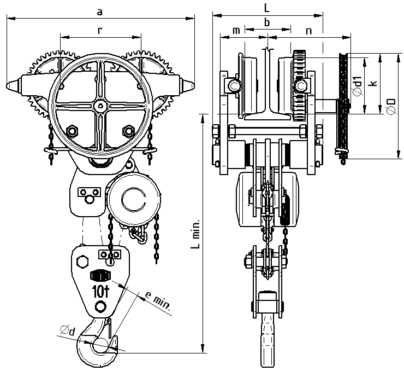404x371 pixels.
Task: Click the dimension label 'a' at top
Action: (99, 11)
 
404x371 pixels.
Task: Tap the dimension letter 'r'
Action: (99, 31)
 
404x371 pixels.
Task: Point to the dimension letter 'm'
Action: (236, 31)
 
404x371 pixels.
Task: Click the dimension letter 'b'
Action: (267, 22)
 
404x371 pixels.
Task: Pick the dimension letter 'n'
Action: (309, 31)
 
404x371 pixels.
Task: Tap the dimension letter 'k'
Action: (373, 84)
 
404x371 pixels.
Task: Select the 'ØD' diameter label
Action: (390, 106)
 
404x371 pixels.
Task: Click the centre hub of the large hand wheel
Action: (100, 106)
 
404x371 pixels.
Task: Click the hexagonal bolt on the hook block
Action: (83, 261)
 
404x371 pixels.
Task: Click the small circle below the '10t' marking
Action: (100, 306)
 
